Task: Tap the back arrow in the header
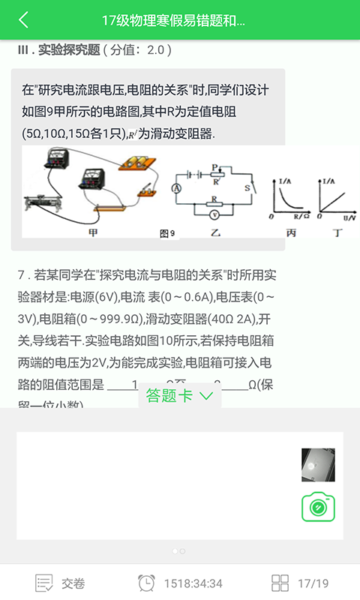coord(24,20)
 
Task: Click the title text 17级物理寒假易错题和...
coord(173,20)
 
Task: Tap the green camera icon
coord(318,508)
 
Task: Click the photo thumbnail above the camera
coord(313,465)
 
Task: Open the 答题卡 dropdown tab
coord(179,395)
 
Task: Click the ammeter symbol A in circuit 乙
coord(177,187)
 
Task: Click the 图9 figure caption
coord(168,233)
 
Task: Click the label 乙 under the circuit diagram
coord(216,233)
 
